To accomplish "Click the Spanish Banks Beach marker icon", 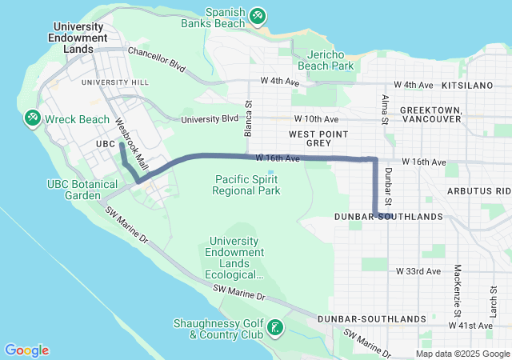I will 257,15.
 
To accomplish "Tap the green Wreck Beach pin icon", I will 32,118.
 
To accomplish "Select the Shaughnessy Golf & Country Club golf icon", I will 275,328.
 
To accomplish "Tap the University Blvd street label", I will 210,119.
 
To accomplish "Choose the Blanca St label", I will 249,118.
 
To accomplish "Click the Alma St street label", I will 385,109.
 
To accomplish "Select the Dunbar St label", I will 388,185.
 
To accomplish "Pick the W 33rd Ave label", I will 419,271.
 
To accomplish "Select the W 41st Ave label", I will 470,326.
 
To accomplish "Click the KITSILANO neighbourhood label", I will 482,83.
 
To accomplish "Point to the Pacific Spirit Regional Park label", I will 246,185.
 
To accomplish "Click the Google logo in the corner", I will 27,350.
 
